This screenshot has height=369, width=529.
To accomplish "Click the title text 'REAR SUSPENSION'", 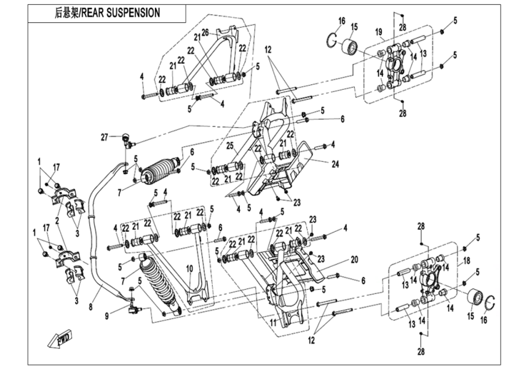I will [120, 12].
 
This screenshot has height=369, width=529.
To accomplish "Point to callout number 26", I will [205, 32].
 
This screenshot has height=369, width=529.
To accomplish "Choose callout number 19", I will [379, 31].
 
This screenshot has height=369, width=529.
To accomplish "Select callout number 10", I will [189, 268].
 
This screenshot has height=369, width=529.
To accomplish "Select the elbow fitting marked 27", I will [127, 141].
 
